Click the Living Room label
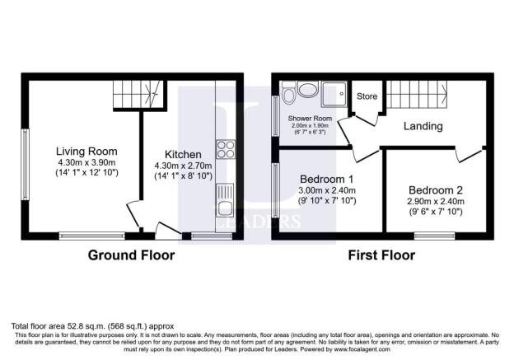[x=86, y=152]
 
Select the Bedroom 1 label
[x=327, y=180]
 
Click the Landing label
[x=423, y=127]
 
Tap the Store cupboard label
[x=367, y=97]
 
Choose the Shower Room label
[x=309, y=119]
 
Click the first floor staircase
[x=412, y=96]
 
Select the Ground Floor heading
[x=132, y=255]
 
